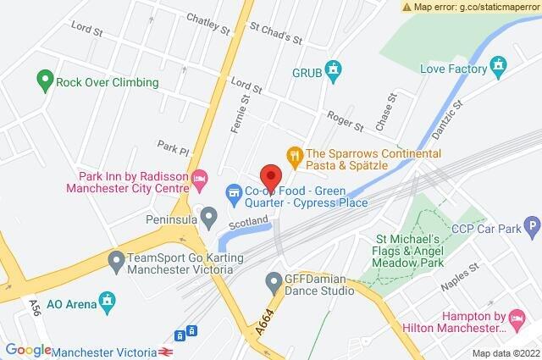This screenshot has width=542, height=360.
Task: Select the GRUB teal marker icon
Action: (335, 69)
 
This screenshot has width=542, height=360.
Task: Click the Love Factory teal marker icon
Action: (499, 63)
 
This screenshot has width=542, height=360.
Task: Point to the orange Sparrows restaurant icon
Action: (295, 154)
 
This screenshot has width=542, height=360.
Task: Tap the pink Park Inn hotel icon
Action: (200, 179)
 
